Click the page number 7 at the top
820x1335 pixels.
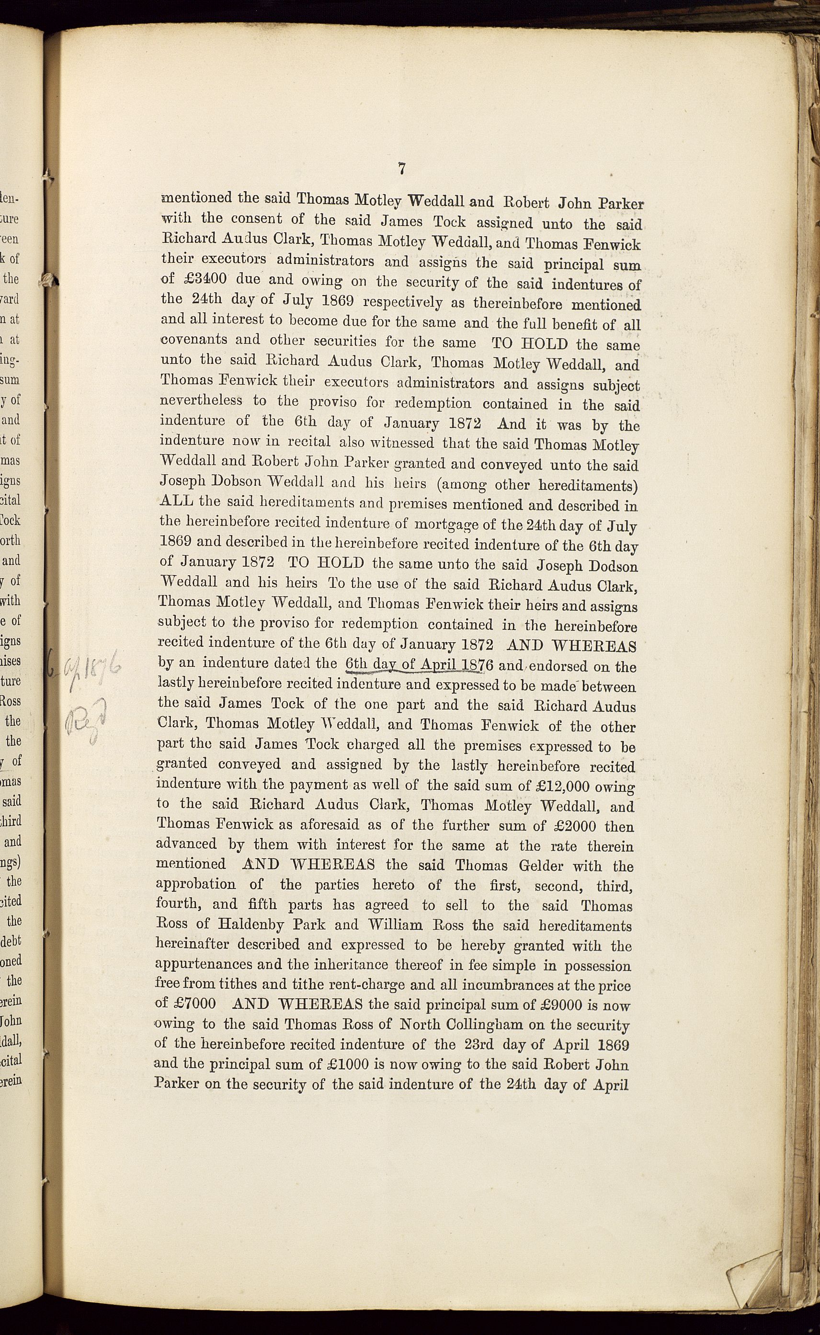click(402, 169)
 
